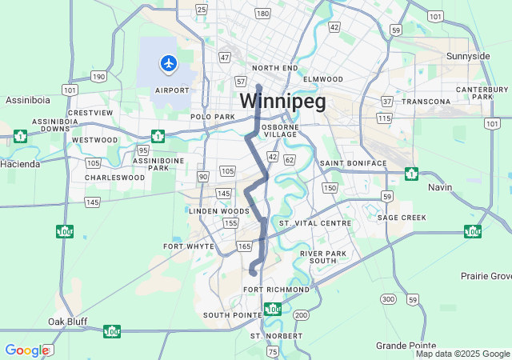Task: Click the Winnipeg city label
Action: pos(282,102)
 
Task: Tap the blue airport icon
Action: pos(169,62)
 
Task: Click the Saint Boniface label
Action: pos(353,163)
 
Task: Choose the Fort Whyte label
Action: pos(189,246)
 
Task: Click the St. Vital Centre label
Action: pos(315,222)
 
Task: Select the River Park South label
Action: pos(323,257)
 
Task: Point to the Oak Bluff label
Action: pos(66,321)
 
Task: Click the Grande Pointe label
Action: pos(405,345)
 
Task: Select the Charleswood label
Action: pos(114,177)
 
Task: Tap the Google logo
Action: pos(26,350)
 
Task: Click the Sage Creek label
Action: pos(402,217)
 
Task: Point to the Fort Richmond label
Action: pos(276,289)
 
